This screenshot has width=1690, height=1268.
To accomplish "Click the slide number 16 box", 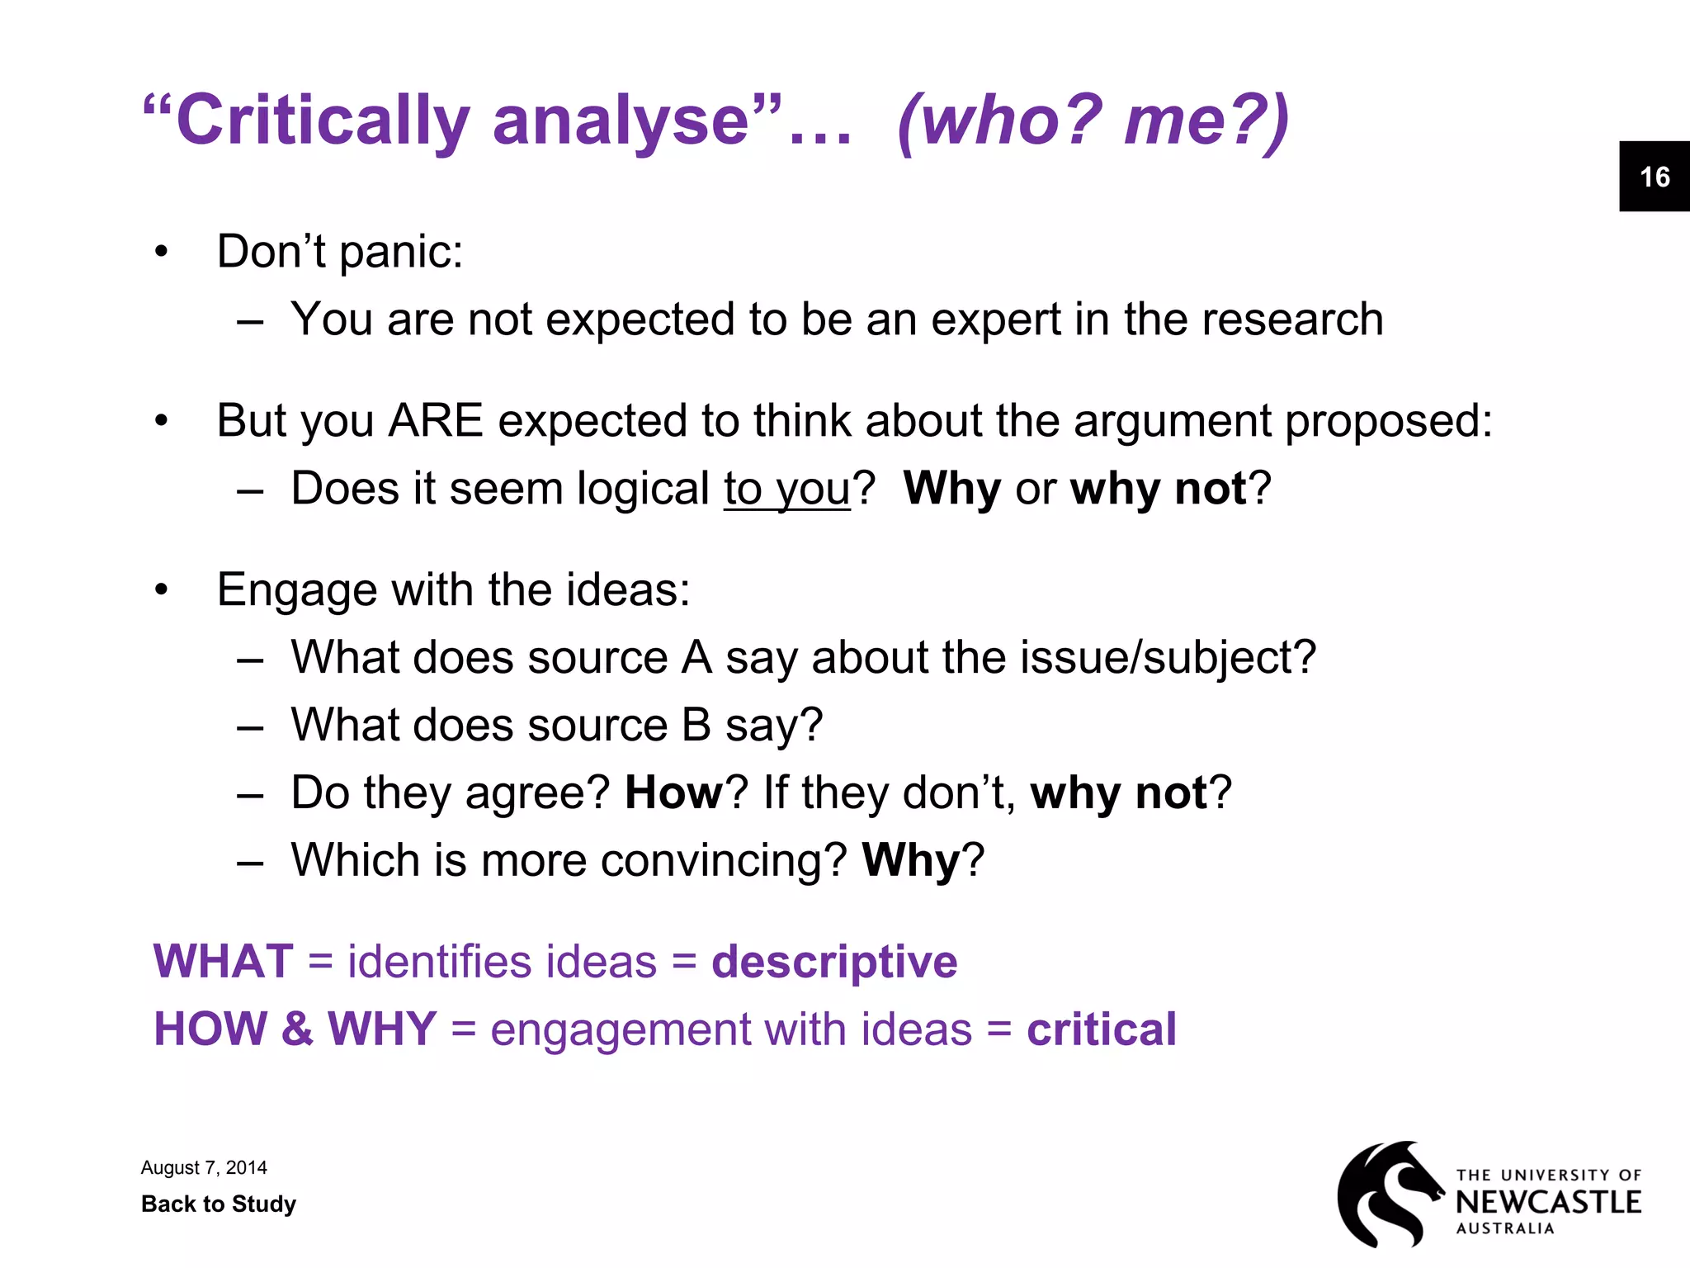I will pos(1654,177).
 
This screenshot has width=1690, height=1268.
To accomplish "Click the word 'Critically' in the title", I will pos(323,121).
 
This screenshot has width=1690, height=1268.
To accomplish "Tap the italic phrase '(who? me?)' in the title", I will pos(1093,121).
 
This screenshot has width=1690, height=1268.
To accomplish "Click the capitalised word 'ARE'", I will pos(436,421).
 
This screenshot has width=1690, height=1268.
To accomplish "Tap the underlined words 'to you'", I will pos(786,489).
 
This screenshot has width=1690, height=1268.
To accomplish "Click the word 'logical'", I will pos(643,489).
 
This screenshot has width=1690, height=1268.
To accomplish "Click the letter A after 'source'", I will pos(697,658).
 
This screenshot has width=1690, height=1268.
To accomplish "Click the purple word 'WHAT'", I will pos(224,962).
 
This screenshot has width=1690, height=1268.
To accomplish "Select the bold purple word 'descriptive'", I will pos(834,962).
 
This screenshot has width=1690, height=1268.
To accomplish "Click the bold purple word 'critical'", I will pos(1101,1029).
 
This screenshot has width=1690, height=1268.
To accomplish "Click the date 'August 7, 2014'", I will pos(204,1167).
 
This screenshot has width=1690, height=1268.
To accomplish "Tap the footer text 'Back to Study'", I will pos(219,1204).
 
